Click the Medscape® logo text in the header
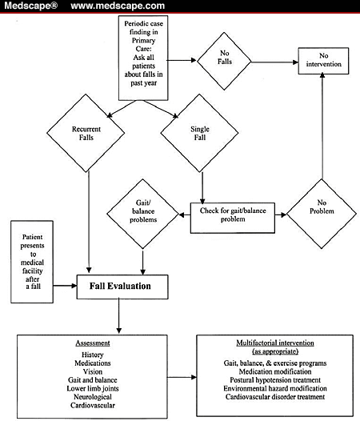(x=29, y=7)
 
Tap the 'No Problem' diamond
(x=322, y=213)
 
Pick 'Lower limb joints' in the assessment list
(x=97, y=394)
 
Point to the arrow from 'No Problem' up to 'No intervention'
(x=322, y=128)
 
